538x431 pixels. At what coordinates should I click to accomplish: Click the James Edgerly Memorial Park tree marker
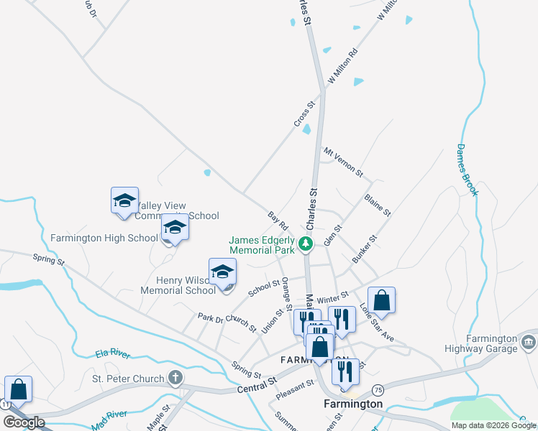(306, 244)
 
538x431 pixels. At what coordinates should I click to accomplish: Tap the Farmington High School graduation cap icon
(174, 228)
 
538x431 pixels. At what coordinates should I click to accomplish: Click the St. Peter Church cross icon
(174, 377)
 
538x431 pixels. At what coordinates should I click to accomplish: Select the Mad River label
(109, 420)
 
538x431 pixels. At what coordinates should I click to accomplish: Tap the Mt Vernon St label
(343, 163)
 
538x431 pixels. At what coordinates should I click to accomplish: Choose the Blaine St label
(377, 205)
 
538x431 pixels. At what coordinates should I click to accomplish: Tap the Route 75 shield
(378, 389)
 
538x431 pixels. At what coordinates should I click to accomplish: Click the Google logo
(24, 422)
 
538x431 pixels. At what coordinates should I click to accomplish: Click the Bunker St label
(364, 249)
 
